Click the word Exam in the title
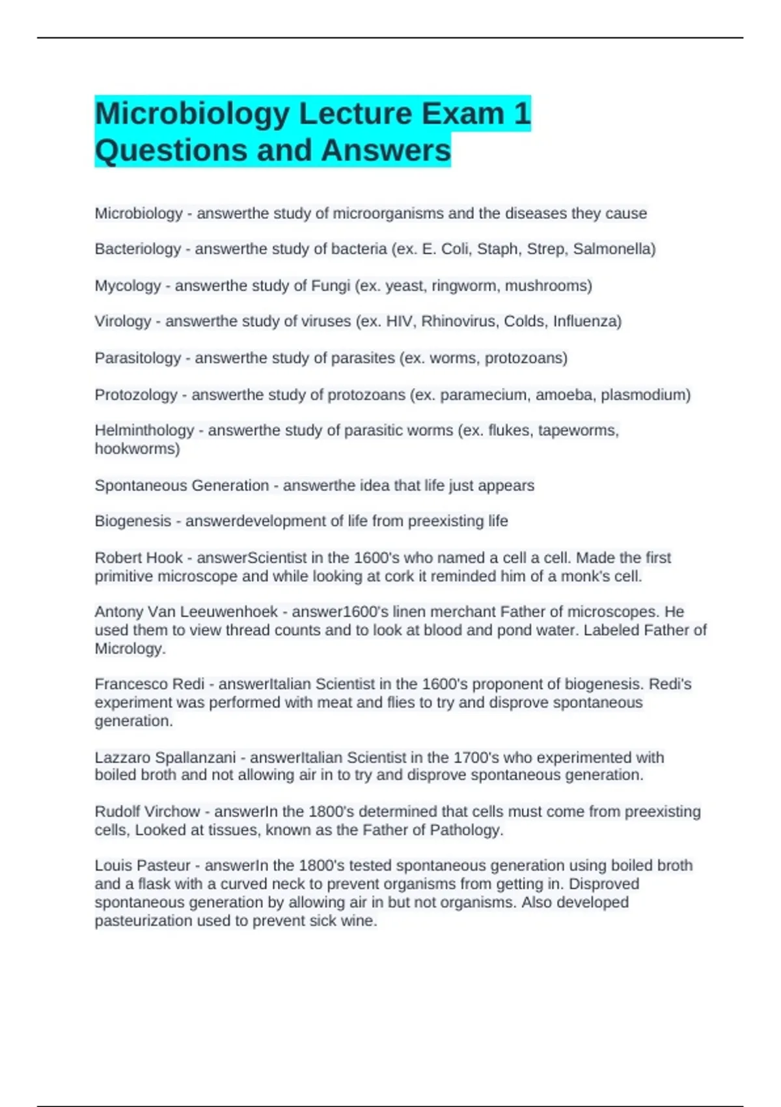[x=463, y=113]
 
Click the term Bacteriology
[x=137, y=249]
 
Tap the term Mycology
[x=128, y=285]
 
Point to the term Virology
[x=122, y=321]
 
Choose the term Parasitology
[x=137, y=357]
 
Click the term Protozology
[x=135, y=395]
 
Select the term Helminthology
[x=144, y=430]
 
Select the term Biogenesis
[x=133, y=521]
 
